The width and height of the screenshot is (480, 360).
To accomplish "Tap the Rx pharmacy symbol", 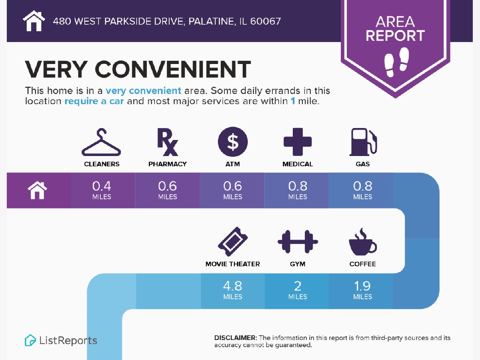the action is (x=167, y=142).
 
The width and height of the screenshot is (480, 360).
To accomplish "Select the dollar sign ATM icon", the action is (x=233, y=142).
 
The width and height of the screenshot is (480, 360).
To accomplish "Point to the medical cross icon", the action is (x=298, y=142).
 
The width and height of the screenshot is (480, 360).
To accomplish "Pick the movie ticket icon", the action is (x=233, y=242).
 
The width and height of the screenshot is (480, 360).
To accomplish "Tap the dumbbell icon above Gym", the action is (x=298, y=242).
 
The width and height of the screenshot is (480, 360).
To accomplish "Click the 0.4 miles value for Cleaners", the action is (x=102, y=190).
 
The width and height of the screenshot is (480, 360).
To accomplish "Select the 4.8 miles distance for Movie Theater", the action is (x=233, y=290).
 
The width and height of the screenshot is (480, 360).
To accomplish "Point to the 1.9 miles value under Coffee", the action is (x=362, y=290).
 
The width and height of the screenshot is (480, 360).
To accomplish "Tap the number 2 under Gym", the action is (x=298, y=286).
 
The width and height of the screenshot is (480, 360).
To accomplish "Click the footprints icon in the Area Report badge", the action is (x=396, y=62).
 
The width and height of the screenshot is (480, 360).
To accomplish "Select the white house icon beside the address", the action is (x=34, y=21).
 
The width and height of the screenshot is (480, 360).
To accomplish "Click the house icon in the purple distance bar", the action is (x=37, y=190).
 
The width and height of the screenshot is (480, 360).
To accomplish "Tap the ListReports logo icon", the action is (x=30, y=340).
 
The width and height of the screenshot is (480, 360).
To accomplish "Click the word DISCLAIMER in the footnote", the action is (x=236, y=338).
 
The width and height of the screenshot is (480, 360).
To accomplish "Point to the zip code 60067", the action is (x=265, y=21).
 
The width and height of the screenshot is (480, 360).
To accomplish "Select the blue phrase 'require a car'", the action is (x=94, y=101).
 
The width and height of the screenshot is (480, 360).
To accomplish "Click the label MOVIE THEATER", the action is (x=233, y=264).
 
